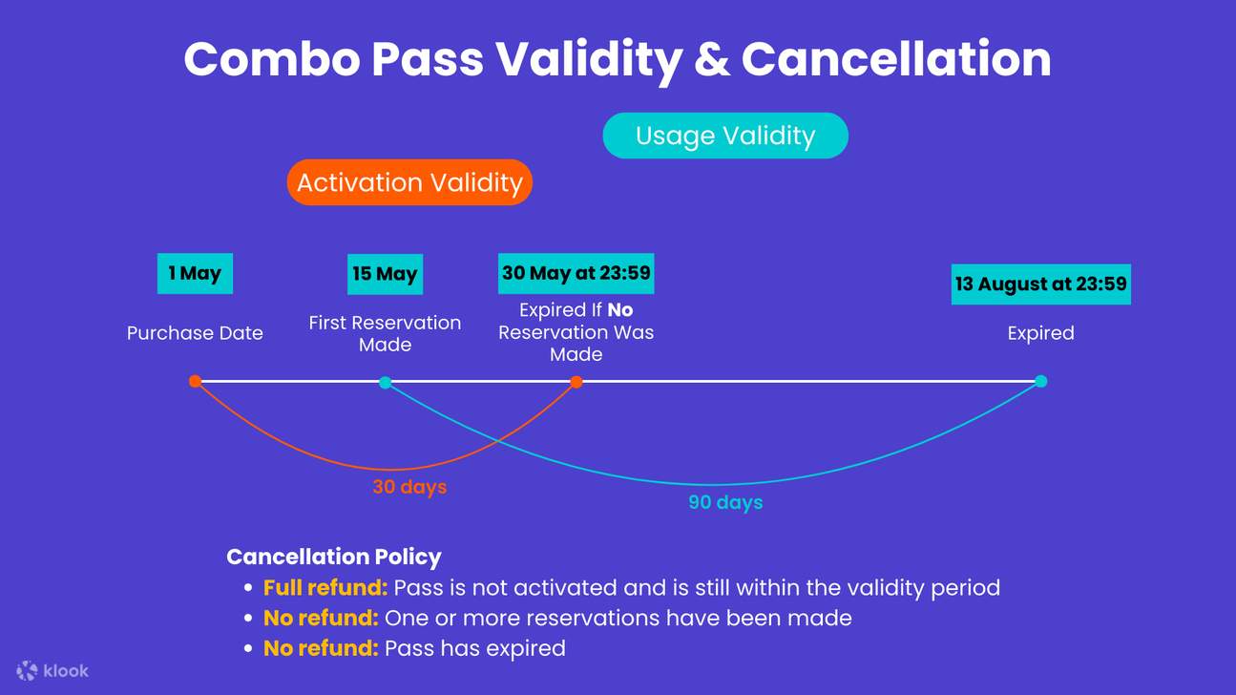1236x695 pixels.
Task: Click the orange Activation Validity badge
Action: click(x=409, y=182)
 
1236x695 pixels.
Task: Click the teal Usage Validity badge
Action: click(x=725, y=136)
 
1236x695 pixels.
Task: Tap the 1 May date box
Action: click(x=195, y=273)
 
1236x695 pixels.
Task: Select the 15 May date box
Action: click(x=385, y=274)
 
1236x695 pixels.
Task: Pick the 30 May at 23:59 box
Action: click(x=576, y=273)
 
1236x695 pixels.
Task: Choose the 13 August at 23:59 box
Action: click(x=1040, y=284)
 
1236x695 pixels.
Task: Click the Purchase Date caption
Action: click(x=195, y=333)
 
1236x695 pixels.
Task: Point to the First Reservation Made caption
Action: click(x=385, y=333)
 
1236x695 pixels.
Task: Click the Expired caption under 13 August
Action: click(x=1040, y=333)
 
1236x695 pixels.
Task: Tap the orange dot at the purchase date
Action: click(x=195, y=381)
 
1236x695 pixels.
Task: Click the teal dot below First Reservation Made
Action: click(x=385, y=383)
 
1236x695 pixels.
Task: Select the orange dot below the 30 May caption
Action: click(x=576, y=382)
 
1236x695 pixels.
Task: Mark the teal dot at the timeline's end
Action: click(x=1040, y=381)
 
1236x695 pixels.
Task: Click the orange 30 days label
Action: click(x=409, y=487)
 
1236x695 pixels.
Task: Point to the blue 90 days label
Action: click(x=725, y=502)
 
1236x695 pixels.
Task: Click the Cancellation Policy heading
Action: click(x=334, y=557)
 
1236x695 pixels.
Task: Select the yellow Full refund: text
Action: click(x=325, y=587)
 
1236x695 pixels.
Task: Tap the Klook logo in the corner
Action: click(x=53, y=670)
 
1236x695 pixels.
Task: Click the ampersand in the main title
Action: click(x=711, y=59)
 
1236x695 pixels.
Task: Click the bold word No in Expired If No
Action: click(x=619, y=310)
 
